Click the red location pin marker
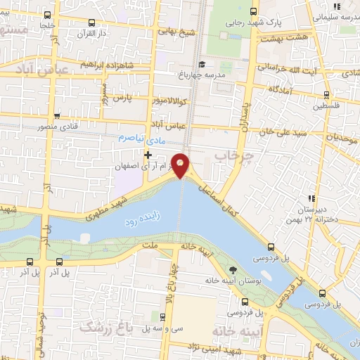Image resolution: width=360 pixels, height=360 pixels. tap(181, 165)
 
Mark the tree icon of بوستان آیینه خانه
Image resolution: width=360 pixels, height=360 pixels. tap(233, 269)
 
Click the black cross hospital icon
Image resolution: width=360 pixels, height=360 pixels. tap(147, 155)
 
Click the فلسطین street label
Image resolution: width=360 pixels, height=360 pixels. tap(326, 106)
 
